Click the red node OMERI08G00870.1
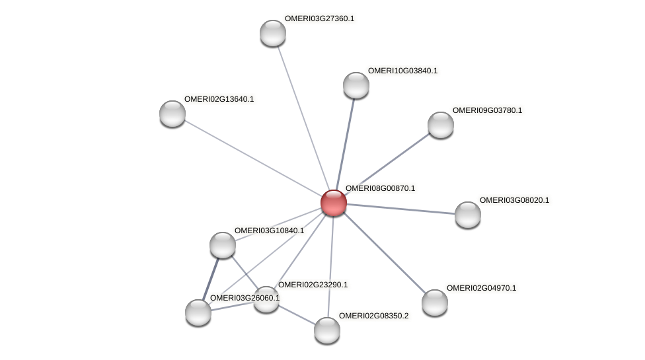click(x=334, y=202)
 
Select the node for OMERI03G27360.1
click(x=272, y=33)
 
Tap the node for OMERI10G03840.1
click(x=356, y=85)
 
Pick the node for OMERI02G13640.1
click(x=172, y=114)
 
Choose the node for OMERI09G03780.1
click(x=441, y=125)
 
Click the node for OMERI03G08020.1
click(x=468, y=215)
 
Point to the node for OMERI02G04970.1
click(x=435, y=303)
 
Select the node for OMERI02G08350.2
click(x=326, y=330)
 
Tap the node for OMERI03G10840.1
click(x=223, y=245)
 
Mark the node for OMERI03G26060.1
click(x=198, y=312)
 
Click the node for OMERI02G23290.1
click(x=266, y=299)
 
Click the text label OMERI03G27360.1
click(x=319, y=18)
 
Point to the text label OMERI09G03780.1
click(x=487, y=110)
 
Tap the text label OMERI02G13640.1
click(x=219, y=99)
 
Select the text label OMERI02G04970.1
click(x=481, y=288)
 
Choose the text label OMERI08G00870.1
click(x=380, y=188)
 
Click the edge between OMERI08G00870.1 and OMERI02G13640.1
click(x=253, y=158)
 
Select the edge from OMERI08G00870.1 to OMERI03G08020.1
click(x=400, y=208)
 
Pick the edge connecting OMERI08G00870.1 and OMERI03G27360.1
click(x=303, y=118)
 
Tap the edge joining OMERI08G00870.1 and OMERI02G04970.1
click(x=384, y=252)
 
